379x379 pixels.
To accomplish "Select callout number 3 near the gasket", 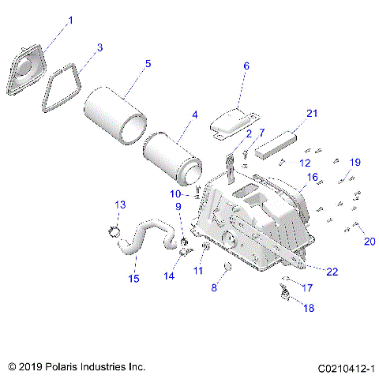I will [99, 47].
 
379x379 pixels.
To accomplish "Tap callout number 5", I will [148, 63].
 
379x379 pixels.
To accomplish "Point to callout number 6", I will [245, 67].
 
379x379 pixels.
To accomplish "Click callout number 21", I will [311, 114].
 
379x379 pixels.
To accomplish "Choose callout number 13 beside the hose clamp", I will [119, 205].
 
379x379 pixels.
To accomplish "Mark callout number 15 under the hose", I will [133, 278].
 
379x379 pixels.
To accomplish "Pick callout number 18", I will [309, 308].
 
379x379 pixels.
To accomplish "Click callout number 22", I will [332, 271].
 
